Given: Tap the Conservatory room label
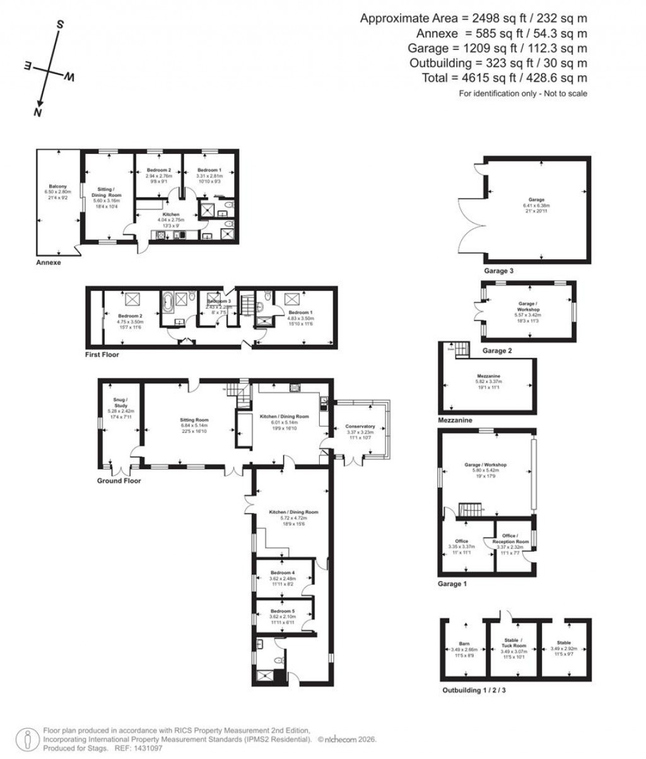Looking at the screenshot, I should [360, 427].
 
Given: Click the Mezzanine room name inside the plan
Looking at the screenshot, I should [488, 375].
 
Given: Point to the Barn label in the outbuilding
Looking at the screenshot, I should [464, 644].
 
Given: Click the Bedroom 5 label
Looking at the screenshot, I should [283, 611].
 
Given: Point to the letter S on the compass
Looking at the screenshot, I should [61, 25].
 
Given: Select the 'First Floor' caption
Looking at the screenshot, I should [102, 355].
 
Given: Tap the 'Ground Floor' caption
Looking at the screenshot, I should [119, 481].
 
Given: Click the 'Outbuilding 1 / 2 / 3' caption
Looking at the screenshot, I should [474, 690].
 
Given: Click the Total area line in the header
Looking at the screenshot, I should [504, 78].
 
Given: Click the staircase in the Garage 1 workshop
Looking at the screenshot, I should [469, 509].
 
